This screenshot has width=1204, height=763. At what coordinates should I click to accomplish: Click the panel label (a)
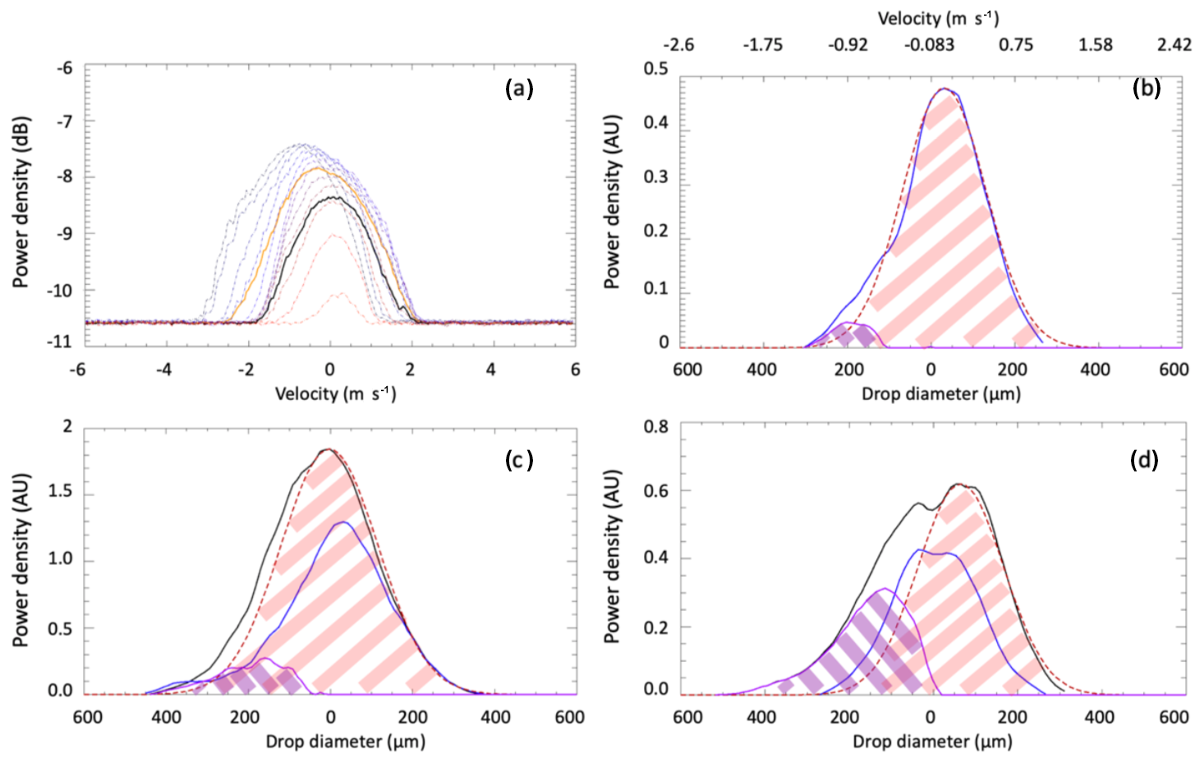pos(519,88)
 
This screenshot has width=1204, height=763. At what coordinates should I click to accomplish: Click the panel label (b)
pos(1146,88)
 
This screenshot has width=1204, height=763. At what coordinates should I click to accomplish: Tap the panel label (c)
pos(519,460)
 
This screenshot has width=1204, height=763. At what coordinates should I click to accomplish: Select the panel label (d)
pos(1144,460)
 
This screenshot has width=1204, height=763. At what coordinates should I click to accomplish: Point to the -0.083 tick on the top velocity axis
pos(930,44)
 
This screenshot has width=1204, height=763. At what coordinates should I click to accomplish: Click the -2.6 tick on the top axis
pos(678,44)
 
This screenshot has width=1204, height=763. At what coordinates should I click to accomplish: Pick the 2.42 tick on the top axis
pos(1174,44)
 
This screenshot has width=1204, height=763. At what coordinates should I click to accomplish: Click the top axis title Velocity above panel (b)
pos(938,18)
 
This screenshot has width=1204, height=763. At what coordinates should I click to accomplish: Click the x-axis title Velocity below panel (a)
pos(335,394)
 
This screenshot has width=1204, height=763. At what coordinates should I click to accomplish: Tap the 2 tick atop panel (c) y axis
pos(67,426)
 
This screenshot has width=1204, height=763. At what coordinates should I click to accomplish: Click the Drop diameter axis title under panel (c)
pos(345,742)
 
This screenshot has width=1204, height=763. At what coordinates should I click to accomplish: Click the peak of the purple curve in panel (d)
pos(884,589)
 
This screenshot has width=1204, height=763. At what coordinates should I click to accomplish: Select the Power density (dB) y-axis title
pos(21,202)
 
